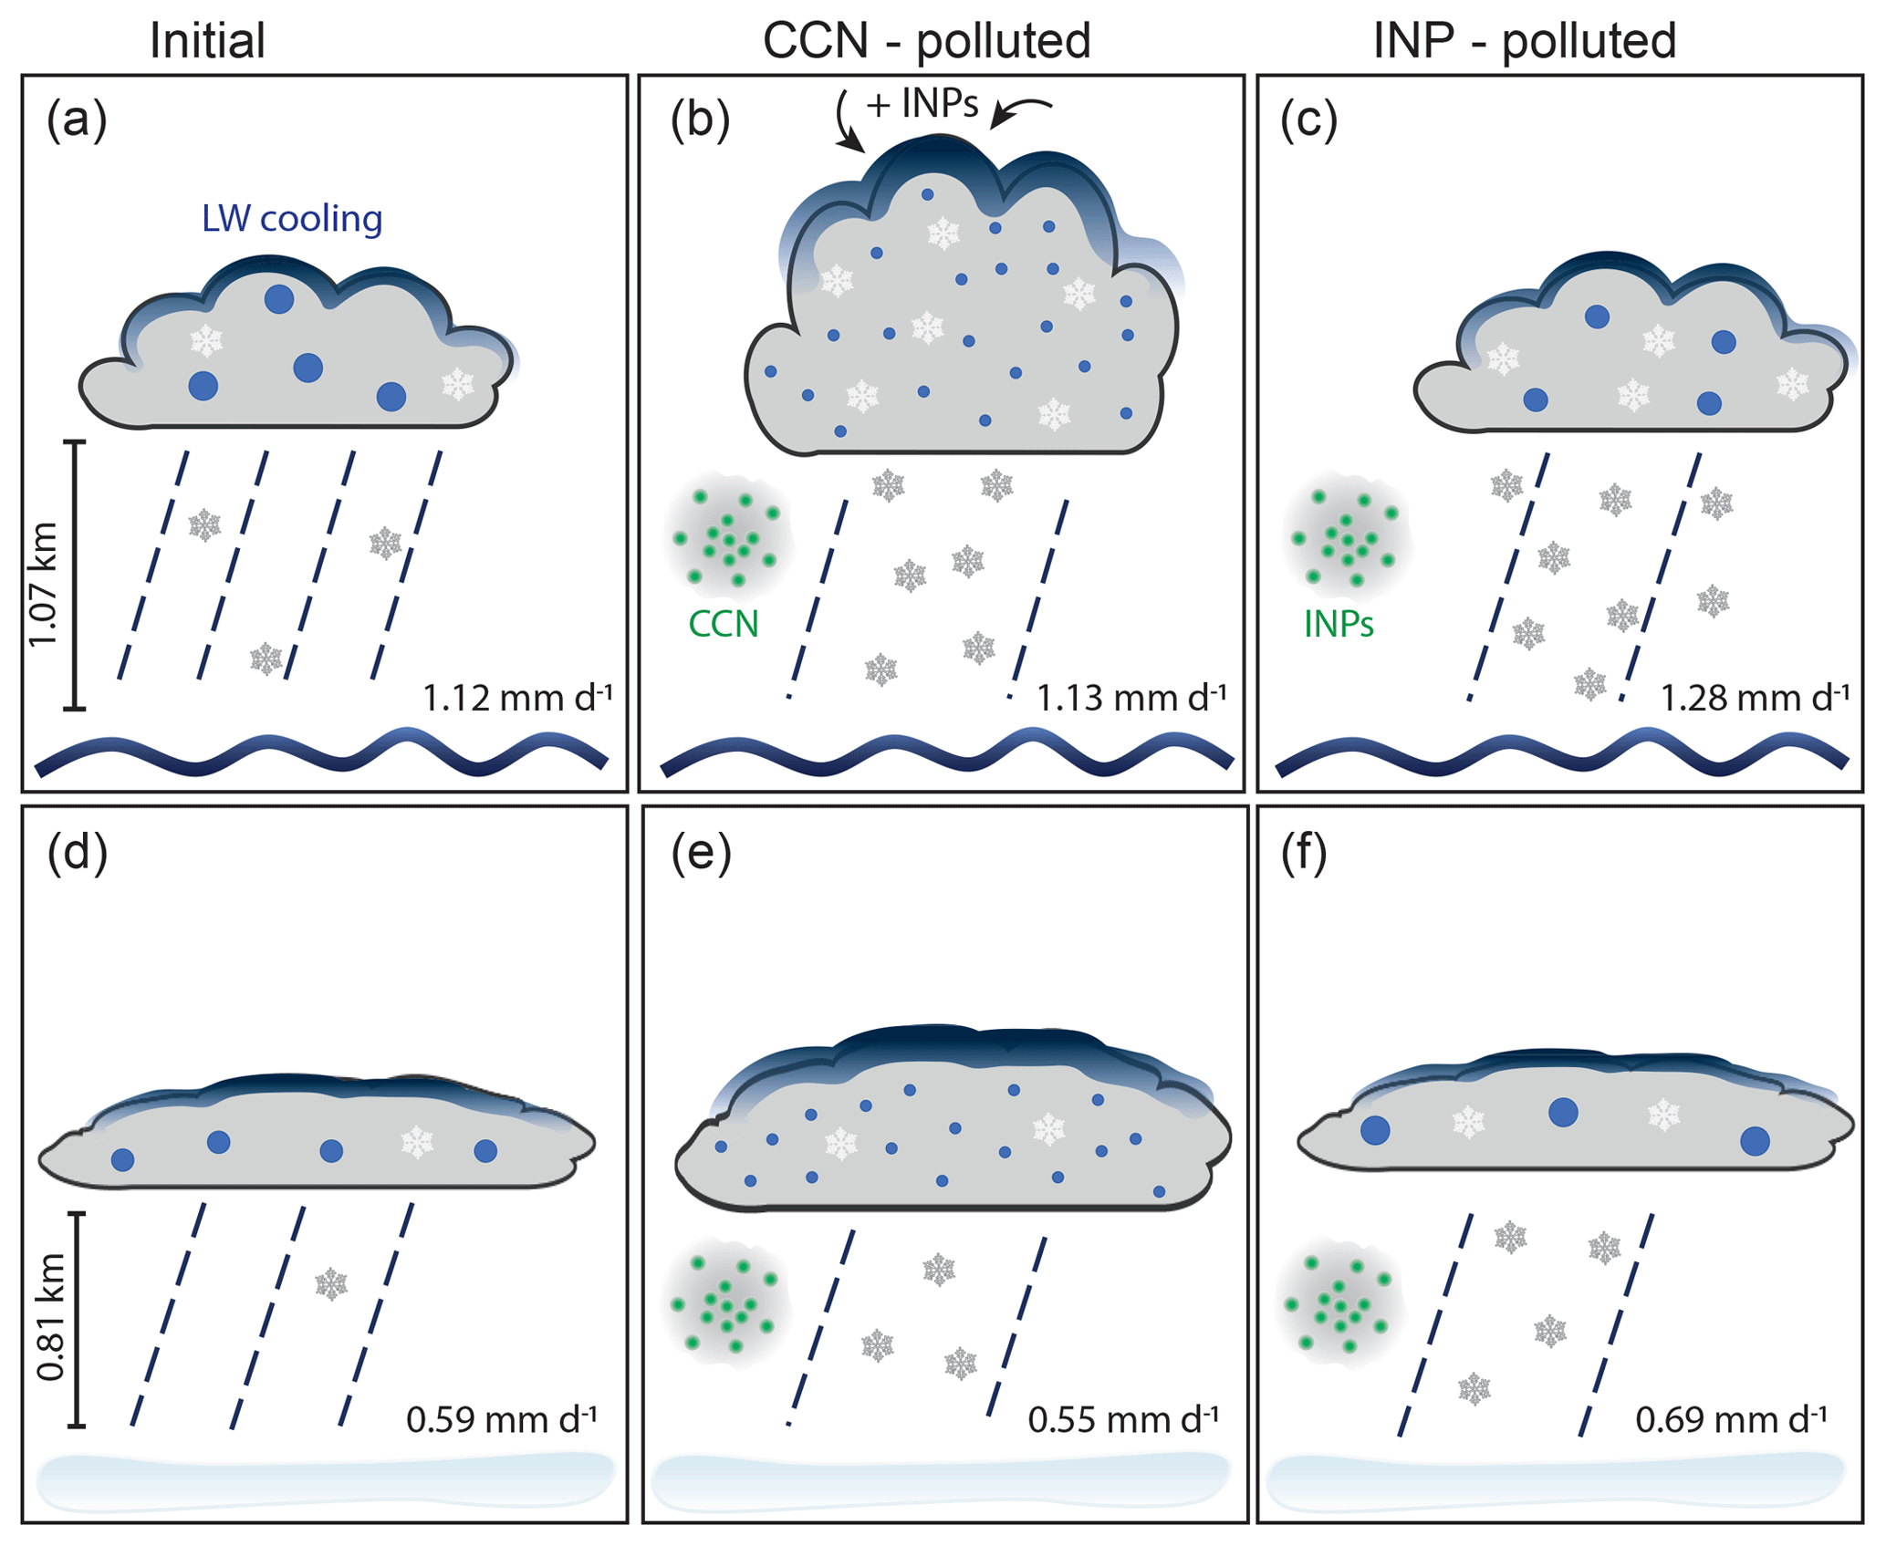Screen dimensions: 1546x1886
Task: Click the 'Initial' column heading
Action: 207,41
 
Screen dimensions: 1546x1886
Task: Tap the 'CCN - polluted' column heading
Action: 926,41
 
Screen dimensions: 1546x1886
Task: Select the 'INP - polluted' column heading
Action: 1525,41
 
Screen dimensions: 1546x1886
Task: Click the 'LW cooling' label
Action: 292,219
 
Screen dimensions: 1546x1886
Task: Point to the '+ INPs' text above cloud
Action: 922,105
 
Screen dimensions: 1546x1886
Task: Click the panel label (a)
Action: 77,120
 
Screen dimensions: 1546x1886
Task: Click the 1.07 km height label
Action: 44,584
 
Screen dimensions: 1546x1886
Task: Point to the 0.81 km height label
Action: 51,1318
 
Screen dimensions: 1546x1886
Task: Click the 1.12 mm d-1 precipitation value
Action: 517,698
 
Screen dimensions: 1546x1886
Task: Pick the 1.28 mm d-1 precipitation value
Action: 1754,698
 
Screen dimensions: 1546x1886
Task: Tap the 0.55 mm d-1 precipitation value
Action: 1123,1420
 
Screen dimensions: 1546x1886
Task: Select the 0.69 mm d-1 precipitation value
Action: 1731,1420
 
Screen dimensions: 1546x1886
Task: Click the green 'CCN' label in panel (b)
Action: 724,624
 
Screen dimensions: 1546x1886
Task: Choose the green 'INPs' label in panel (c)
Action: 1339,624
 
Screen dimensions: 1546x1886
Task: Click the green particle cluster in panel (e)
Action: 725,1304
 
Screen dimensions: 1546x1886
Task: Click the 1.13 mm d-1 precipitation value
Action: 1131,698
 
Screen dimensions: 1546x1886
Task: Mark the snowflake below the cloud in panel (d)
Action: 331,1284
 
